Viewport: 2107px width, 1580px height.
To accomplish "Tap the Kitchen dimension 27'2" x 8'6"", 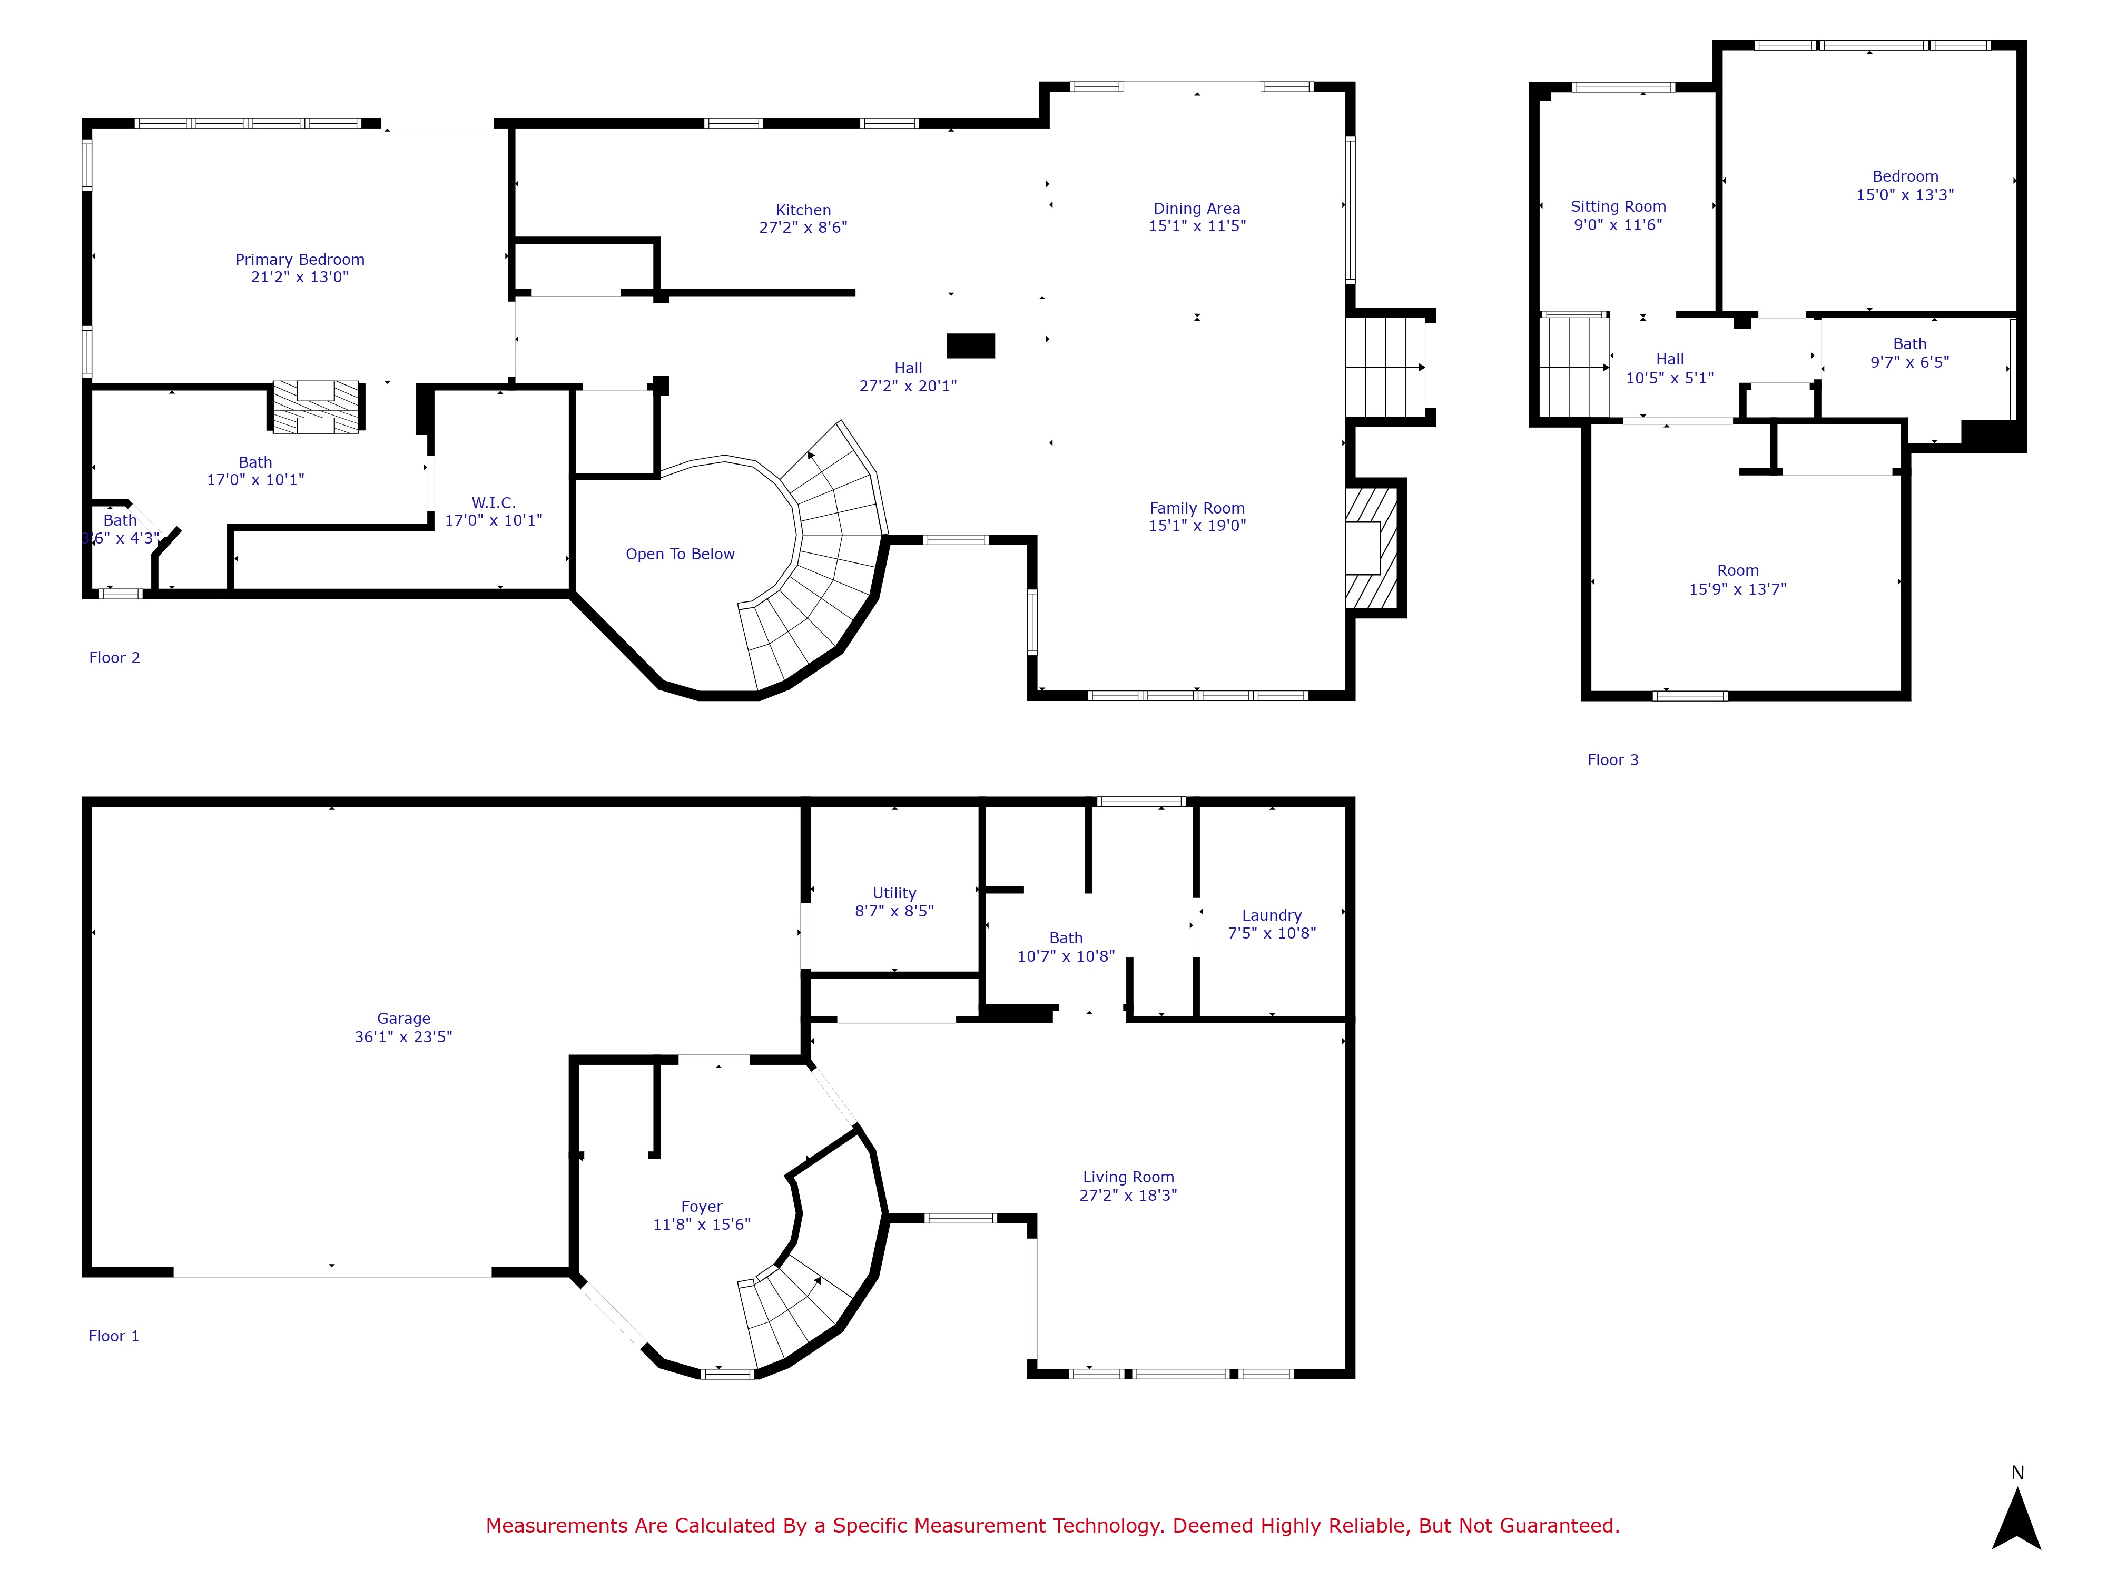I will [x=802, y=228].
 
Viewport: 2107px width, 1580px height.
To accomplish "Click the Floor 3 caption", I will [x=1612, y=760].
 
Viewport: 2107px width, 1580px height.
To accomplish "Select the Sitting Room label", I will [x=1618, y=206].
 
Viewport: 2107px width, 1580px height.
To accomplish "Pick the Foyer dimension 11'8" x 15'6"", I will [x=701, y=1224].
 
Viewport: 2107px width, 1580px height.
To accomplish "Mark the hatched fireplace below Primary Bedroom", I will [x=316, y=408].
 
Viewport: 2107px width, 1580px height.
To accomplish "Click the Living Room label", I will [x=1128, y=1177].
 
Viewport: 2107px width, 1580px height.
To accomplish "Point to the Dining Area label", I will [x=1196, y=209].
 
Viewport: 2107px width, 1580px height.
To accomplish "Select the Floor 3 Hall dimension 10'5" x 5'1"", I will [x=1669, y=378].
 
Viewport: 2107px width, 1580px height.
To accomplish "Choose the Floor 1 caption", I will [x=113, y=1336].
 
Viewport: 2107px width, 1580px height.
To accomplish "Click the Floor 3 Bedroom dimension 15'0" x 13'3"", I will [x=1904, y=194].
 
